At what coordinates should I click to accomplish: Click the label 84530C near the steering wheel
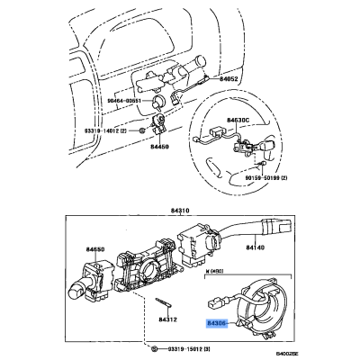(238, 119)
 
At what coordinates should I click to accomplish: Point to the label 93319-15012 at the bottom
(184, 347)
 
